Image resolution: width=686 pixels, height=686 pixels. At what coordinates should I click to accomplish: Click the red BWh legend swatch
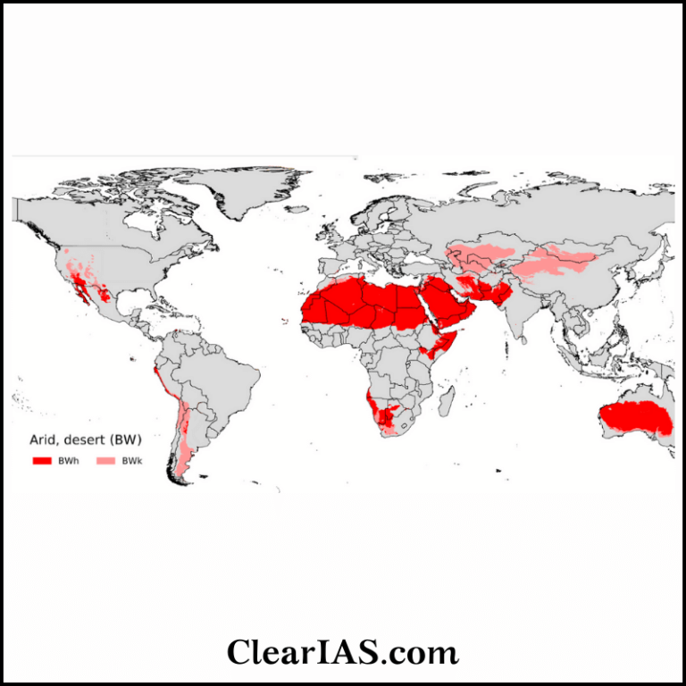click(43, 460)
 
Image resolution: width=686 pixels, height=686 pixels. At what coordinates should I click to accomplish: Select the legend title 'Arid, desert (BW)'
click(83, 439)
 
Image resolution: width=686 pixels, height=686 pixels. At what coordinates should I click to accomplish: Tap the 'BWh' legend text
click(68, 460)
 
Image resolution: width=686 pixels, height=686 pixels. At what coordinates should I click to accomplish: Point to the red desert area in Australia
click(634, 417)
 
